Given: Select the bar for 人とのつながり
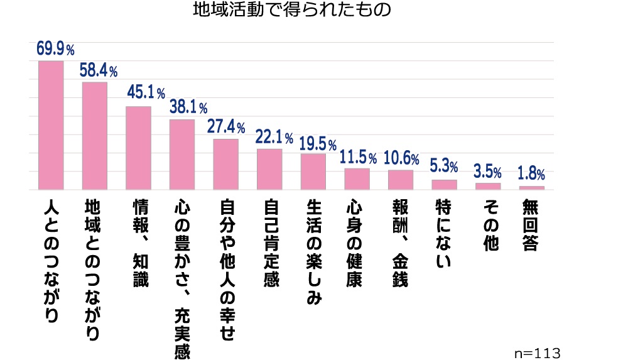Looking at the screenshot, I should tap(51, 125).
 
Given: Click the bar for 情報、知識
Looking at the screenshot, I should tap(138, 148).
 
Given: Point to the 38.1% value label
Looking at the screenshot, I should tap(188, 107).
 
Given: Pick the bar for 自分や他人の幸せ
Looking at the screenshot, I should tap(225, 164).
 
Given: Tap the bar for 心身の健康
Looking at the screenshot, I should tap(357, 179).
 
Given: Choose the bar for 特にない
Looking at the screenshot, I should tap(444, 185).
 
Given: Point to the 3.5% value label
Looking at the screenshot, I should tap(487, 171).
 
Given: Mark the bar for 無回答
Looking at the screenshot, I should tap(531, 188).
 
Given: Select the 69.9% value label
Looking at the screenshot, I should tap(56, 48).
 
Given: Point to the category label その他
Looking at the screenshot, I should tap(488, 226).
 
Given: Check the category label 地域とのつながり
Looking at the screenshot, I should tap(95, 271).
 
